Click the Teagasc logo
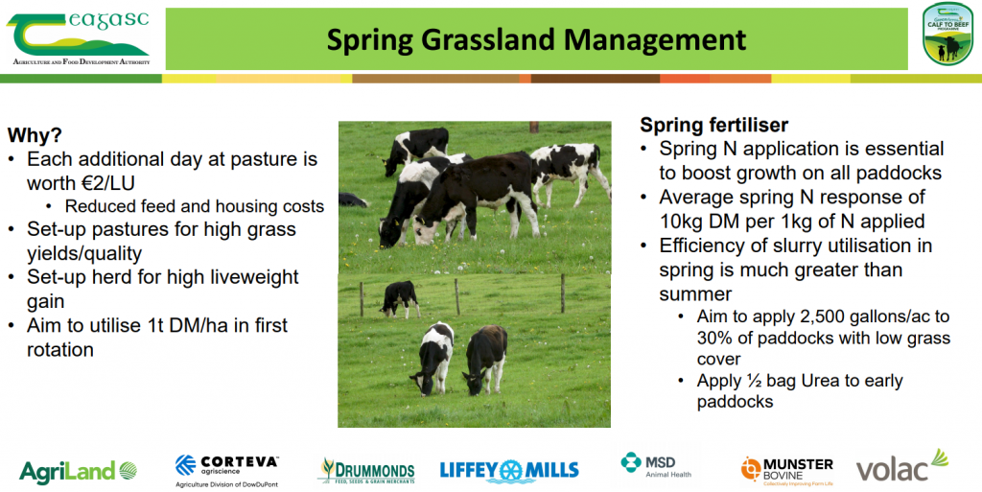pyautogui.click(x=79, y=38)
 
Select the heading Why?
pyautogui.click(x=35, y=135)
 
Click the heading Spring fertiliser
pyautogui.click(x=713, y=125)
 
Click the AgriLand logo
pyautogui.click(x=79, y=471)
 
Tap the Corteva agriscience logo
pyautogui.click(x=226, y=471)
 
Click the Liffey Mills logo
pyautogui.click(x=509, y=471)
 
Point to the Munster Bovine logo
pyautogui.click(x=787, y=472)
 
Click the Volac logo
pyautogui.click(x=902, y=465)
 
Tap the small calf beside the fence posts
pyautogui.click(x=400, y=298)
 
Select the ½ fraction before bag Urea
pyautogui.click(x=754, y=381)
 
